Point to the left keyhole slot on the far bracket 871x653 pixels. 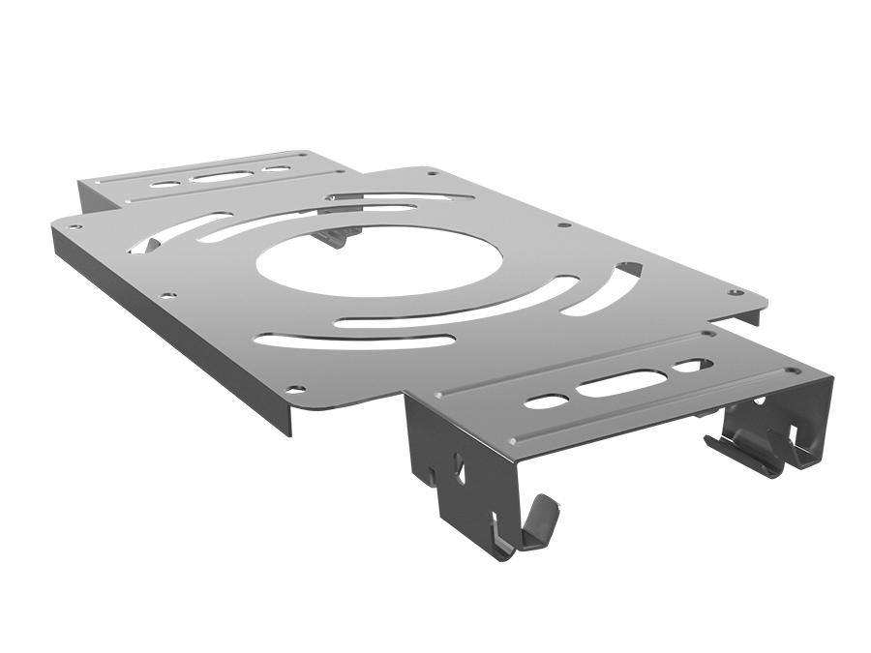[x=166, y=182]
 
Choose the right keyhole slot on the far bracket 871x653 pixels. [x=278, y=170]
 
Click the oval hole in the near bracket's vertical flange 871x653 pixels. [x=460, y=472]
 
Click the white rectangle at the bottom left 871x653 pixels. [x=227, y=528]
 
